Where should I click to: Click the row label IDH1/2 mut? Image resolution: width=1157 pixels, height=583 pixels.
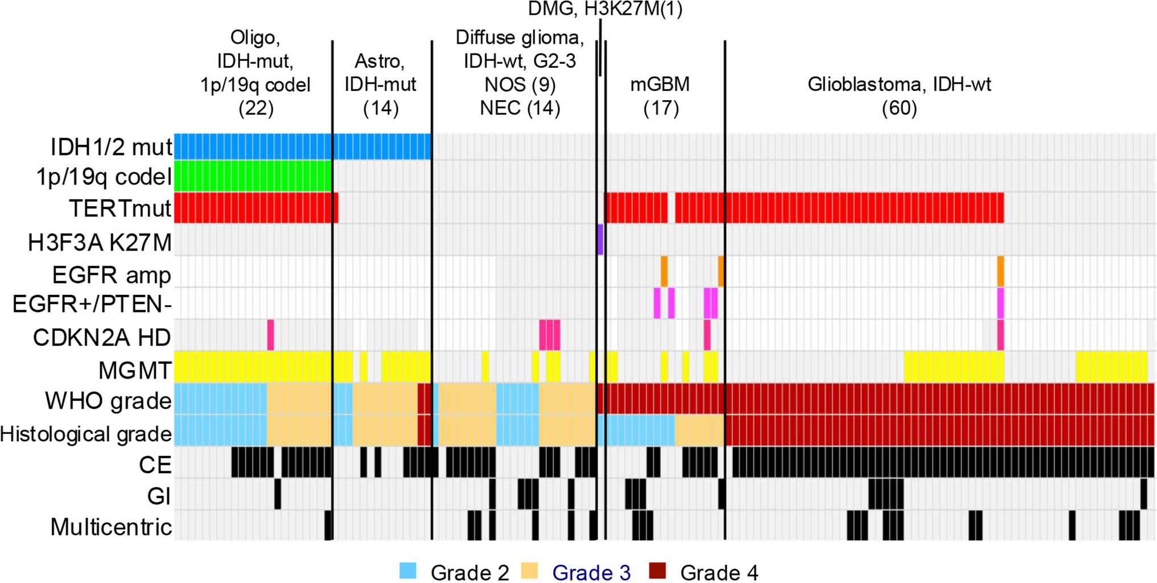[111, 147]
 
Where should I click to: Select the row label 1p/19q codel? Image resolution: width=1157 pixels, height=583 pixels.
[104, 177]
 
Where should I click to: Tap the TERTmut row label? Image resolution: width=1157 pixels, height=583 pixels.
[120, 208]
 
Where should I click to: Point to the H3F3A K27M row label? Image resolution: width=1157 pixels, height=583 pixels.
[100, 243]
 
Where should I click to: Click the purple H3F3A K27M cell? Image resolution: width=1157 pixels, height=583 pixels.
[600, 240]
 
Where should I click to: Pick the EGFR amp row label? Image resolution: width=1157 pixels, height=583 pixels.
[112, 275]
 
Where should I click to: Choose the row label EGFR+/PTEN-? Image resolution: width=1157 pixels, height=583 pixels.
[92, 305]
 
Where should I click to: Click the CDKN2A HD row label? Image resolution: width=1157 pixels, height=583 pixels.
[102, 337]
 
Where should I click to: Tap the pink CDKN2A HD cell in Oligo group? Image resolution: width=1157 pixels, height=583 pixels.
[271, 335]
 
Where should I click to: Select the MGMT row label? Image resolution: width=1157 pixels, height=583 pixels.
[134, 370]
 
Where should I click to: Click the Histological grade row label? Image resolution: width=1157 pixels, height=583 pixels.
[86, 434]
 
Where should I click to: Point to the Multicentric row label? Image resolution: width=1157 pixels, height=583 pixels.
[111, 527]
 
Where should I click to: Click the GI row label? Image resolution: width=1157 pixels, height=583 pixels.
[159, 496]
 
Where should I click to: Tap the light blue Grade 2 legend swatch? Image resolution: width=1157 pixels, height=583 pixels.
[408, 570]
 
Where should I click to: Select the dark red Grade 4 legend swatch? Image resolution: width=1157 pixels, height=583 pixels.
[657, 570]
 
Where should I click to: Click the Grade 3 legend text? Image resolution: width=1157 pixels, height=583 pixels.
[591, 572]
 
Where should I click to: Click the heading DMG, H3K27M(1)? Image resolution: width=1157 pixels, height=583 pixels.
[605, 9]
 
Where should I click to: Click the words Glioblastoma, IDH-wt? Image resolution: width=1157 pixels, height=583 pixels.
[899, 84]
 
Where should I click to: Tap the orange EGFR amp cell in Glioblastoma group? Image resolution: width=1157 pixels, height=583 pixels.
[1000, 272]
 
